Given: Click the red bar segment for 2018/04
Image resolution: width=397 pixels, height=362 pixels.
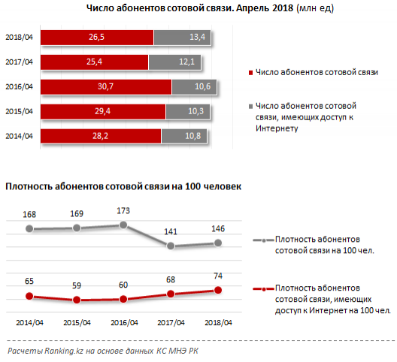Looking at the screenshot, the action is pyautogui.click(x=97, y=38).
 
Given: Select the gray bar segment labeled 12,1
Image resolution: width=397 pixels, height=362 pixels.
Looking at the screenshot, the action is pyautogui.click(x=174, y=62).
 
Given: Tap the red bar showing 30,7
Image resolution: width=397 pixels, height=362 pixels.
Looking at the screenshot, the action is pyautogui.click(x=106, y=87).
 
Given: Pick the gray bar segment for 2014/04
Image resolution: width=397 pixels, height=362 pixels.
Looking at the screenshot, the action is pyautogui.click(x=184, y=137).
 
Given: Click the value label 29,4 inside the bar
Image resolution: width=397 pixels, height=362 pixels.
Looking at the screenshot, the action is pyautogui.click(x=102, y=111).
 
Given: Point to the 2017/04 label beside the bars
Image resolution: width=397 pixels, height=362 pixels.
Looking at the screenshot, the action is pyautogui.click(x=20, y=62).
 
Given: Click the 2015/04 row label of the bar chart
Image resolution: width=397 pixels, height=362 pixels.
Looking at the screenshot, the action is pyautogui.click(x=20, y=112).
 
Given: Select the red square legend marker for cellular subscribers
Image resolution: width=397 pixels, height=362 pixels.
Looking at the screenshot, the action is pyautogui.click(x=250, y=73).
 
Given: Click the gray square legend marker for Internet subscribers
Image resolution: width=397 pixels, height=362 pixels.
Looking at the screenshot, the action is pyautogui.click(x=250, y=107).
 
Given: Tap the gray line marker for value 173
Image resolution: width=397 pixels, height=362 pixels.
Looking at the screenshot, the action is pyautogui.click(x=123, y=225).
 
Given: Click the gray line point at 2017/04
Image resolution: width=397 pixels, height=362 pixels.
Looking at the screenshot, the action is pyautogui.click(x=171, y=246).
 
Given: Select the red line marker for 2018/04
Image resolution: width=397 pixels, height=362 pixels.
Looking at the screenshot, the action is pyautogui.click(x=218, y=290).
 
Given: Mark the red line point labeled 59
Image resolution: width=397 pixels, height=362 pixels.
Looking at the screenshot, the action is pyautogui.click(x=77, y=300).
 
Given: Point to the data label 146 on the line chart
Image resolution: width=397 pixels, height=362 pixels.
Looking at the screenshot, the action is pyautogui.click(x=218, y=228).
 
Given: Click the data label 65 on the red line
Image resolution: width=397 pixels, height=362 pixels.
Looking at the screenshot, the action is pyautogui.click(x=29, y=281).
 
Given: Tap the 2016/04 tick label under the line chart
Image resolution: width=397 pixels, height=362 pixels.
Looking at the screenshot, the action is pyautogui.click(x=124, y=323).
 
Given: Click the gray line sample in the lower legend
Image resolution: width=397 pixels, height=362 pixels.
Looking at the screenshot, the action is pyautogui.click(x=264, y=240).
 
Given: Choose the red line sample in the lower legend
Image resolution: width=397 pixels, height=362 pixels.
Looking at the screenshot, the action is pyautogui.click(x=264, y=288).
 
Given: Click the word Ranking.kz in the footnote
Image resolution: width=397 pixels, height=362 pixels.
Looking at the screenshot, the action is pyautogui.click(x=64, y=351).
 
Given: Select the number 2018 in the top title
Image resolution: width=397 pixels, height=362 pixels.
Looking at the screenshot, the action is pyautogui.click(x=283, y=8).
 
